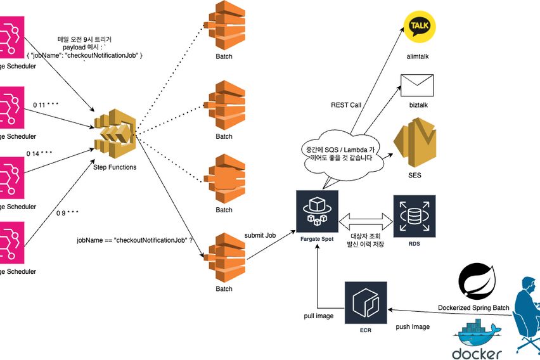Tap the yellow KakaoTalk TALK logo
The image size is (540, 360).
point(420,27)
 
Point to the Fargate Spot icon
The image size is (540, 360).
point(317,211)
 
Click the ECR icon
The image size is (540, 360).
point(365,303)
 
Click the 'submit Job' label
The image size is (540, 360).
point(260,235)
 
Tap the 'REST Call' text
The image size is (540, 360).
point(346,105)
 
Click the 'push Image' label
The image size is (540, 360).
point(413,326)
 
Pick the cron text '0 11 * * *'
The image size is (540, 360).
point(46,104)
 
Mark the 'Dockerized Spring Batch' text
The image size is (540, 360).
point(473,308)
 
